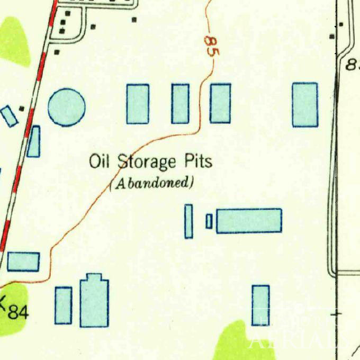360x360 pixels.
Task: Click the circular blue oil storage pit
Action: tap(67, 107)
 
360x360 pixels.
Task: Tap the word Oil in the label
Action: tap(99, 160)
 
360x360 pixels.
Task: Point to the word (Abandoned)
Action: tap(152, 184)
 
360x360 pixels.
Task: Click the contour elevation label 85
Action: tap(211, 46)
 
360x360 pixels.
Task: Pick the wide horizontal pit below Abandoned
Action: tap(249, 221)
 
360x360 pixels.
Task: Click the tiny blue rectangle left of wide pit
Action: tap(209, 221)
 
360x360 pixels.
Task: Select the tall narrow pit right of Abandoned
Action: tap(188, 221)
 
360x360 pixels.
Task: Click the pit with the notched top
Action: tap(94, 302)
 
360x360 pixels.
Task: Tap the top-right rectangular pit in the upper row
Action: tap(305, 105)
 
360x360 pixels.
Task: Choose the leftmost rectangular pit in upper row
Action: tap(138, 104)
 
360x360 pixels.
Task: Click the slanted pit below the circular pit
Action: tap(34, 141)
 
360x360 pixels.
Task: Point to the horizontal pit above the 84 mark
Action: tap(23, 262)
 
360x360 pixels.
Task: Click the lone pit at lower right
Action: tap(260, 305)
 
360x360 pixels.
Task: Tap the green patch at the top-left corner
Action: tap(12, 40)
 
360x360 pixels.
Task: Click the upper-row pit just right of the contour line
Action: tap(220, 103)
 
